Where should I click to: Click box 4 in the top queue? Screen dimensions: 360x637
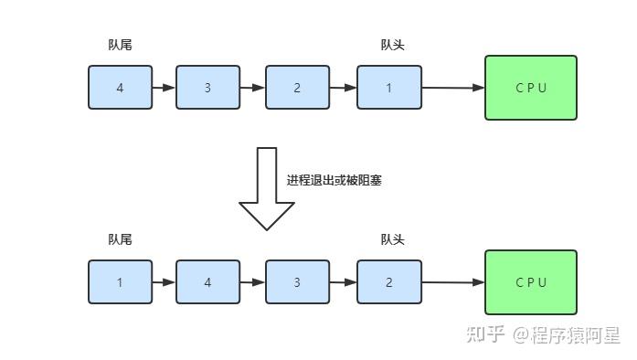(x=121, y=88)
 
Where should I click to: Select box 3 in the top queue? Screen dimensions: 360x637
(x=207, y=88)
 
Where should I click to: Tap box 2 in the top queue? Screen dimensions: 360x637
(x=297, y=88)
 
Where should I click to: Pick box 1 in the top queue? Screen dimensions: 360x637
(x=388, y=88)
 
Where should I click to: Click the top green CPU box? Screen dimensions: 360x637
(x=530, y=88)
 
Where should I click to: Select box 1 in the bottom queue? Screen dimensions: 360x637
(x=121, y=282)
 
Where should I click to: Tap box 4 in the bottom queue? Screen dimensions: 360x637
(x=207, y=282)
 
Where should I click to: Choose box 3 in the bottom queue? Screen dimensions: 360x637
(x=297, y=282)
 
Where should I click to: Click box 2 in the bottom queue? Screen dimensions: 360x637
(x=388, y=282)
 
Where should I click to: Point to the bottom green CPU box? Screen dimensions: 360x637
(x=530, y=282)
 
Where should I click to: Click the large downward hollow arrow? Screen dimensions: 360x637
(x=266, y=188)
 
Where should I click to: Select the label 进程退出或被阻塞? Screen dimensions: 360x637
(x=334, y=180)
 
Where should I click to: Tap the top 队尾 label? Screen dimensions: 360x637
(x=120, y=45)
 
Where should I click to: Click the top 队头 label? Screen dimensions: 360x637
(x=392, y=45)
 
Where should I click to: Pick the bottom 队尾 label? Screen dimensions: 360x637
(x=120, y=239)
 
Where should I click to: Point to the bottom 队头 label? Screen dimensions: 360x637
(x=392, y=239)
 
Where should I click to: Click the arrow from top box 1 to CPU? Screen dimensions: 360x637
(x=452, y=88)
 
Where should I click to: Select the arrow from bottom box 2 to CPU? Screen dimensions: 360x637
(x=452, y=282)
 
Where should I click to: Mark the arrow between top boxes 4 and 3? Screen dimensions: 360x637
(x=164, y=88)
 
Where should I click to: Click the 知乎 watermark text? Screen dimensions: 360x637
(x=485, y=334)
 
